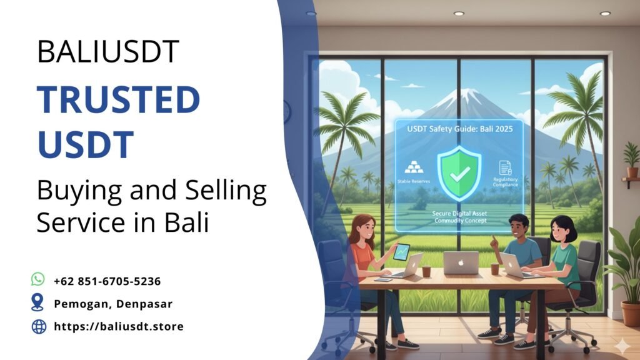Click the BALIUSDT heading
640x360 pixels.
pyautogui.click(x=108, y=51)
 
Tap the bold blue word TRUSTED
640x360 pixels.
pyautogui.click(x=118, y=99)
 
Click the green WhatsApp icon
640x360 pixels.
pyautogui.click(x=38, y=279)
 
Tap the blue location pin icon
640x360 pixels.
pyautogui.click(x=38, y=303)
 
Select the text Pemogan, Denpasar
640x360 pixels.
pyautogui.click(x=113, y=304)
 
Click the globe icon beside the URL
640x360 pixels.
pyautogui.click(x=39, y=326)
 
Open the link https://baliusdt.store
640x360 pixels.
pyautogui.click(x=119, y=326)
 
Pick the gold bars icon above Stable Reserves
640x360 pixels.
pyautogui.click(x=414, y=167)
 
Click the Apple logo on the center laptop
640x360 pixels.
pyautogui.click(x=461, y=262)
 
